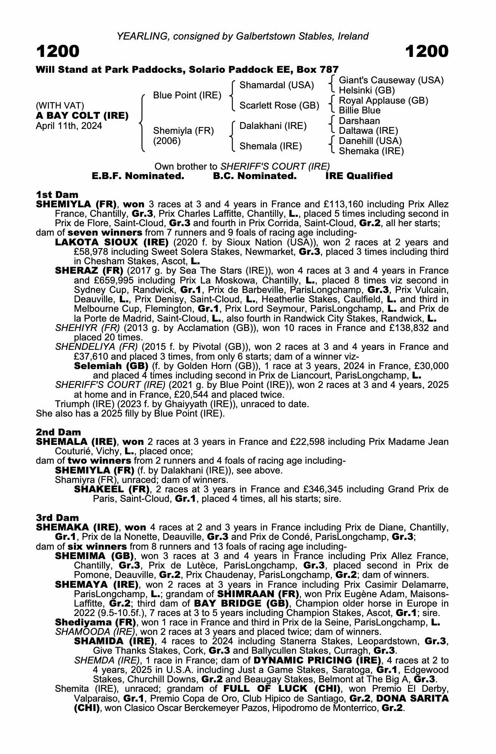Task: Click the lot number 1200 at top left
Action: pos(58,51)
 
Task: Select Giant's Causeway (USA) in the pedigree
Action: pos(391,80)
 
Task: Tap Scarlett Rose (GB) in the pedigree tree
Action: pos(279,106)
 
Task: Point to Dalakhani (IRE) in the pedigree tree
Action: pos(273,126)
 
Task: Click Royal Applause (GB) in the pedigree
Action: pos(383,101)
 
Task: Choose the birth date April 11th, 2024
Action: pos(69,126)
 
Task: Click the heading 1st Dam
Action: pos(57,195)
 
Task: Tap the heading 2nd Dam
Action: pos(58,432)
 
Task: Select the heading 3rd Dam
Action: pos(57,518)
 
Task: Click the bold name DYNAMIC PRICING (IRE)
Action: pos(316,661)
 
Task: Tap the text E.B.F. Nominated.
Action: pos(138,176)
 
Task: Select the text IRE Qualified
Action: pos(359,176)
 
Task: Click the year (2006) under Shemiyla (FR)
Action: pos(167,141)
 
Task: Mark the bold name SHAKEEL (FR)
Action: pos(110,489)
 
